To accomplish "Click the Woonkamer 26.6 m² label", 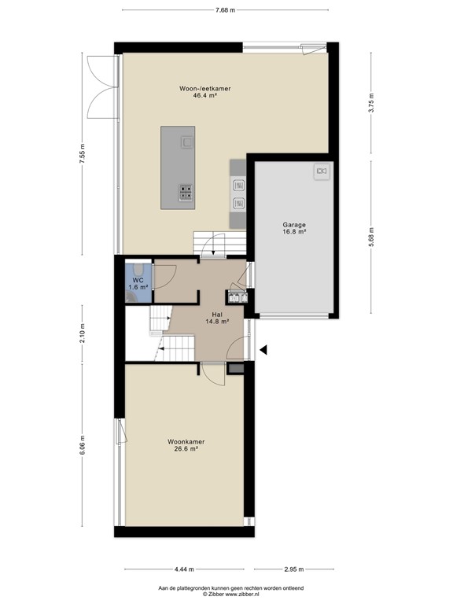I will point(186,446).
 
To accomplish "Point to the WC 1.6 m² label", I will point(137,284).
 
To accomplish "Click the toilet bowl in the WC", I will point(137,269).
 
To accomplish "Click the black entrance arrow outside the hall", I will point(264,350).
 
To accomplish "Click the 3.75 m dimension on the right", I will point(372,102).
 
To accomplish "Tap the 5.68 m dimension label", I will point(372,234).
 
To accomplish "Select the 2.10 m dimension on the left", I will point(81,334).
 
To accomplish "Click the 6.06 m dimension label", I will point(81,450).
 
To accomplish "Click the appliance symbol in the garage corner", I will point(321,171).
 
